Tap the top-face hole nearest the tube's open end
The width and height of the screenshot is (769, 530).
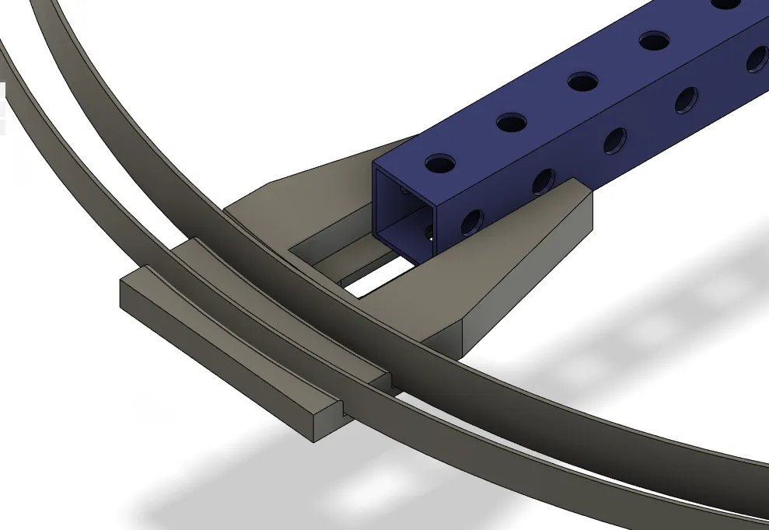[x=440, y=163]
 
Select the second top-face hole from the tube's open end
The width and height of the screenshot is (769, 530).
[x=511, y=122]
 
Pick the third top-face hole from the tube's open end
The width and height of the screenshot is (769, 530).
[x=582, y=81]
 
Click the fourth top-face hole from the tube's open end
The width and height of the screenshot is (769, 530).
[x=654, y=40]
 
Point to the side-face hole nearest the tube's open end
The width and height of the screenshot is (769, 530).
[x=471, y=223]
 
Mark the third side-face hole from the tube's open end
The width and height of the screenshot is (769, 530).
[x=614, y=140]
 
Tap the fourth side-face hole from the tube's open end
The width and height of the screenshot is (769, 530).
[x=686, y=99]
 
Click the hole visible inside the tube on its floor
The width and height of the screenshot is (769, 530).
[x=428, y=232]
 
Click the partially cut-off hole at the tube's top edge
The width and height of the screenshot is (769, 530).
[x=725, y=4]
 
